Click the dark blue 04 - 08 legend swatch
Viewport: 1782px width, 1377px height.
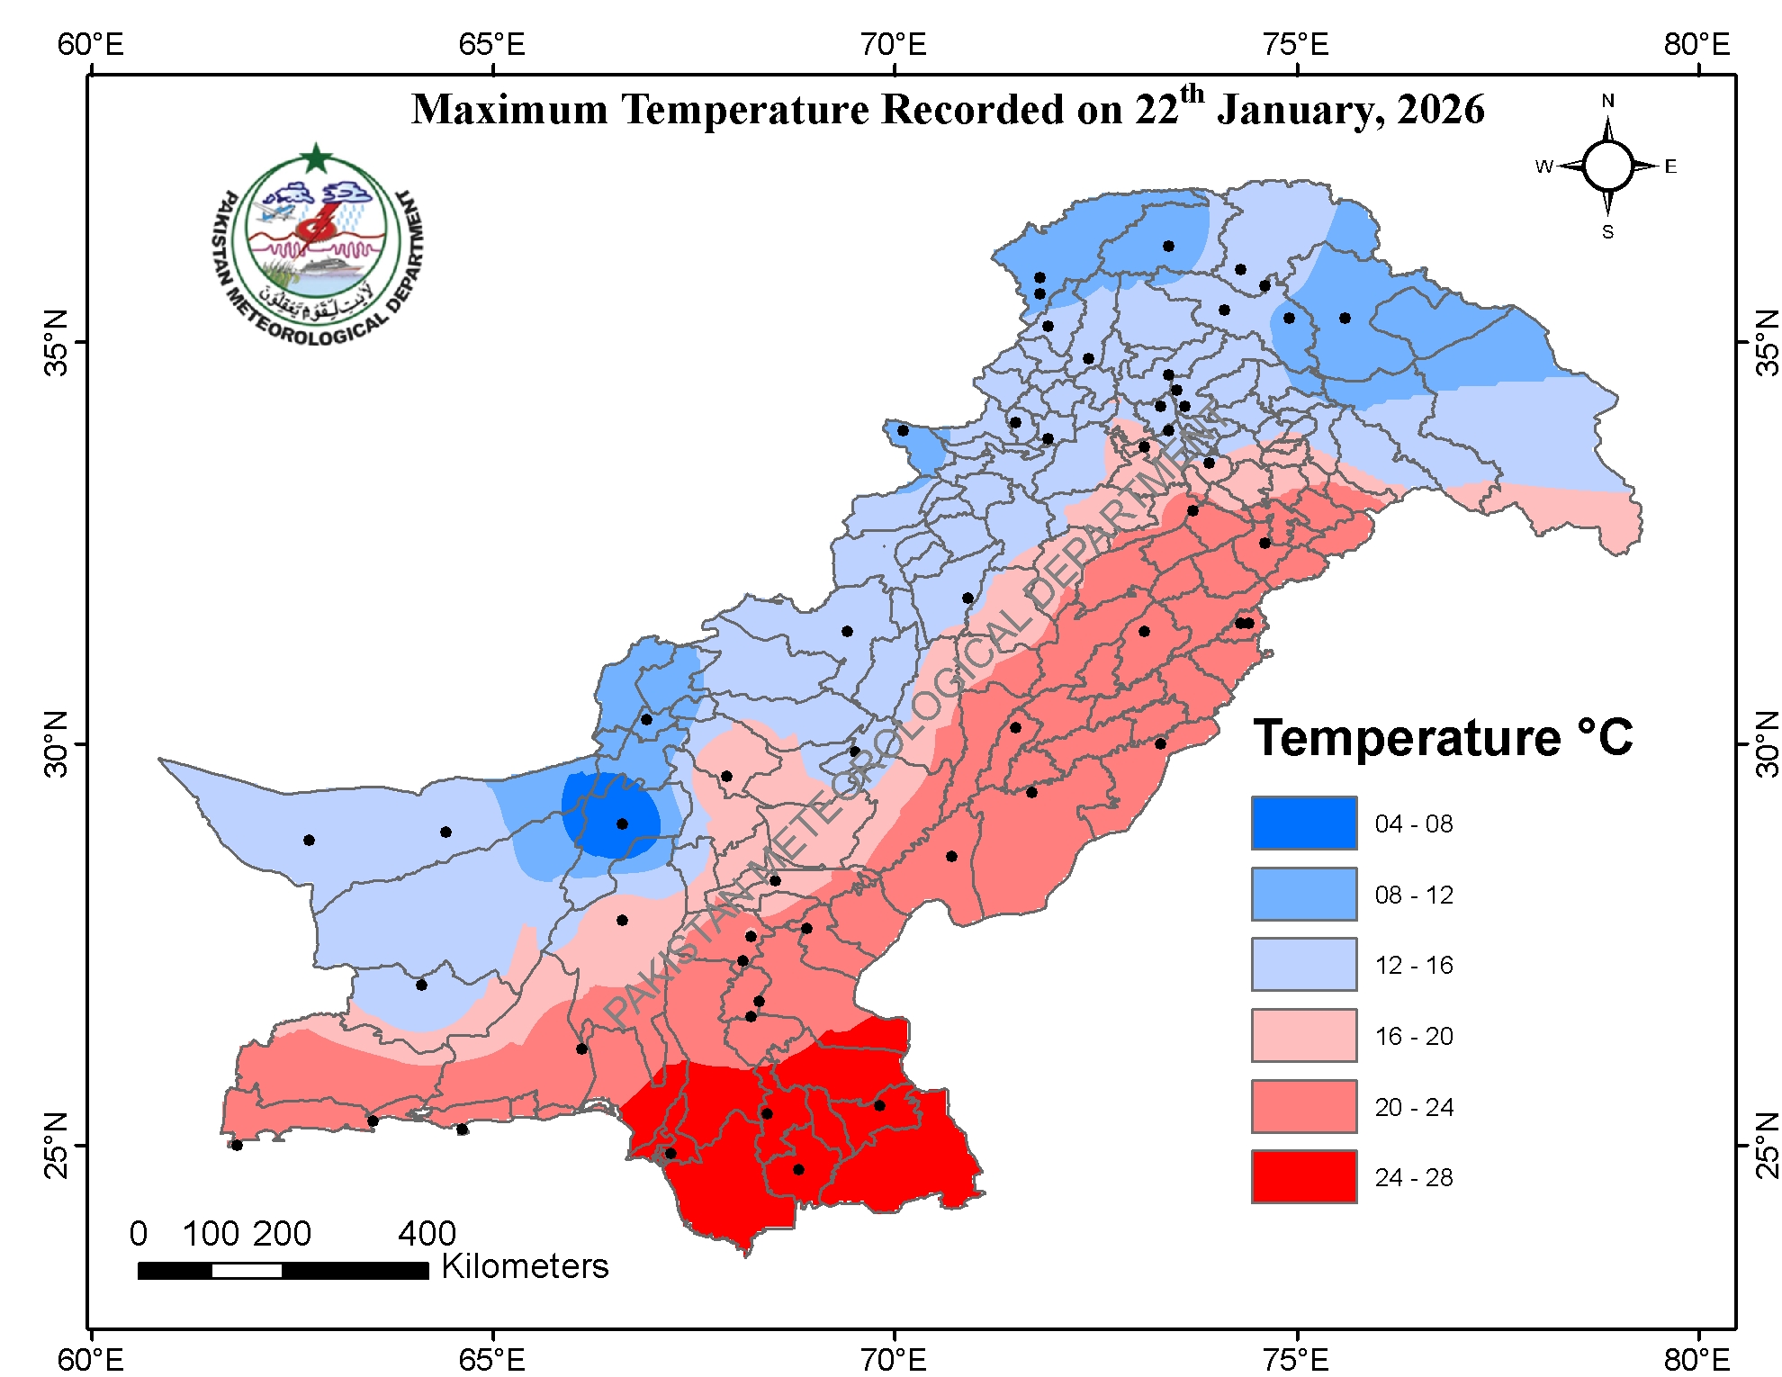coord(1303,823)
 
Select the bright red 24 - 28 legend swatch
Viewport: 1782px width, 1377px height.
coord(1303,1176)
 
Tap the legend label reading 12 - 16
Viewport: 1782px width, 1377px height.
coord(1413,965)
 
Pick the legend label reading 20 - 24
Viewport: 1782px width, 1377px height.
coord(1413,1107)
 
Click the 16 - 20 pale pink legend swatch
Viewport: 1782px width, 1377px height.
coord(1303,1035)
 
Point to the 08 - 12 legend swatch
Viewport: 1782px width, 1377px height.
coord(1303,894)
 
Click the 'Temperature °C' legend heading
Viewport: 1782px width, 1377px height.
coord(1442,738)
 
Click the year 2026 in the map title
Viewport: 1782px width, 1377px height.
coord(1440,110)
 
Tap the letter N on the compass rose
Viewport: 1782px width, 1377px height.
coord(1607,101)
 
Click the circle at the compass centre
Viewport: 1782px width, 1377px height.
coord(1607,166)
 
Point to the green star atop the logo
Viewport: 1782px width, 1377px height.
coord(316,158)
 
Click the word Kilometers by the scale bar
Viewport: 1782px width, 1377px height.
coord(525,1266)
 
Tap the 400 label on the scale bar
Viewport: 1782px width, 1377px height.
coord(427,1233)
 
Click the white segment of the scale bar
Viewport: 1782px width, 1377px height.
coord(247,1271)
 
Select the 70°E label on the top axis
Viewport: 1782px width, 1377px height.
coord(892,44)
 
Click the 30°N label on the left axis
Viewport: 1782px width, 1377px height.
coord(56,743)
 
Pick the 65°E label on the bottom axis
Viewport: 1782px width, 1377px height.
coord(491,1358)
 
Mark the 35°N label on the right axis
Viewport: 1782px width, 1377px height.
coord(1767,343)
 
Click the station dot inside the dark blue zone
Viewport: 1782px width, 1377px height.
coord(622,823)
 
